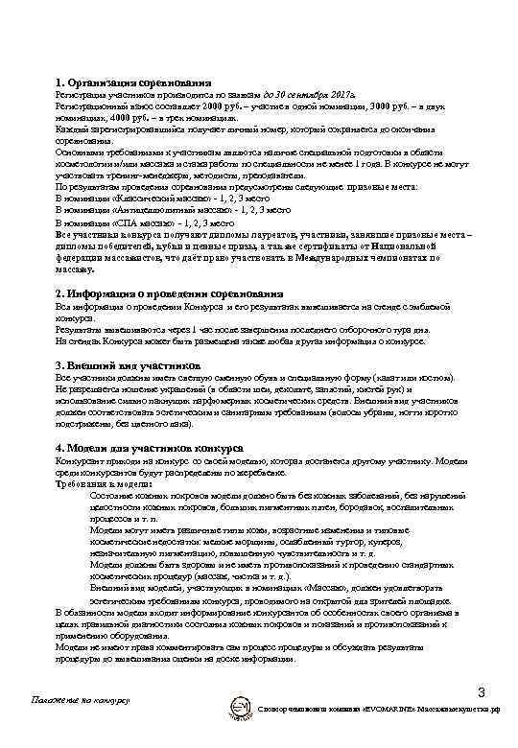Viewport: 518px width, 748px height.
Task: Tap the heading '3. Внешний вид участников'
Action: click(x=128, y=365)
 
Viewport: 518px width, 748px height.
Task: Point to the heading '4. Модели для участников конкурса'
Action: click(x=149, y=448)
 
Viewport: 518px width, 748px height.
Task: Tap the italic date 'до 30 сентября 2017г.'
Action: click(x=303, y=96)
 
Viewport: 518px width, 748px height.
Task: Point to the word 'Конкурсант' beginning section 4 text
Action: click(x=79, y=460)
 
